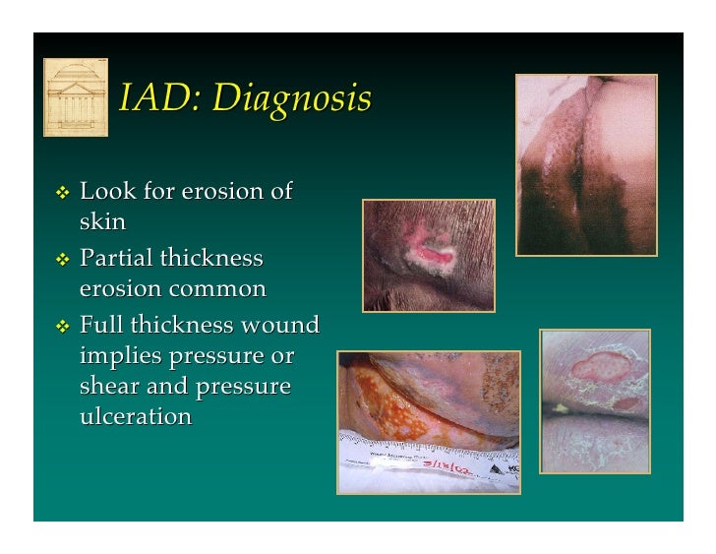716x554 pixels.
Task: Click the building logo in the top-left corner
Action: (76, 96)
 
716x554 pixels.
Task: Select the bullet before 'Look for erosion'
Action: (63, 192)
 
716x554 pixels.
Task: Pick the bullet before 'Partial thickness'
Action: (63, 260)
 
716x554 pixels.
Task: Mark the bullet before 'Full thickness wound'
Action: (63, 326)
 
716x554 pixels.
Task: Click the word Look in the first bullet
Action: (108, 190)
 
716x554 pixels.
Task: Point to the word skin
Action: (102, 221)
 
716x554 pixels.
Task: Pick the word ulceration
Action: (135, 416)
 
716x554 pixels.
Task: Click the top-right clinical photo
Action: (586, 164)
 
